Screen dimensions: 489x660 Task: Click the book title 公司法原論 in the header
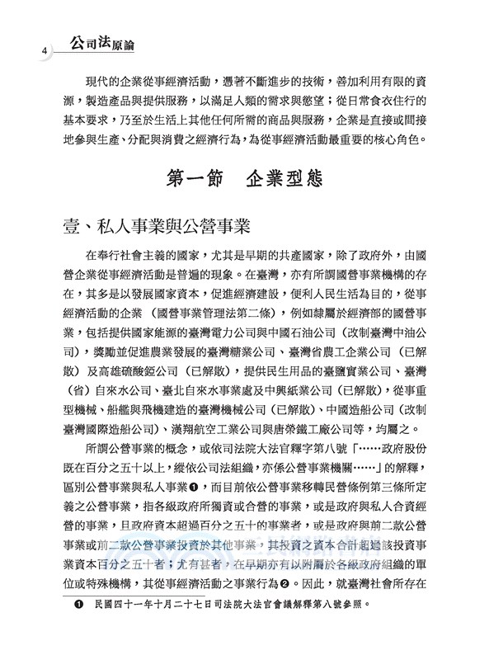click(x=90, y=40)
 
